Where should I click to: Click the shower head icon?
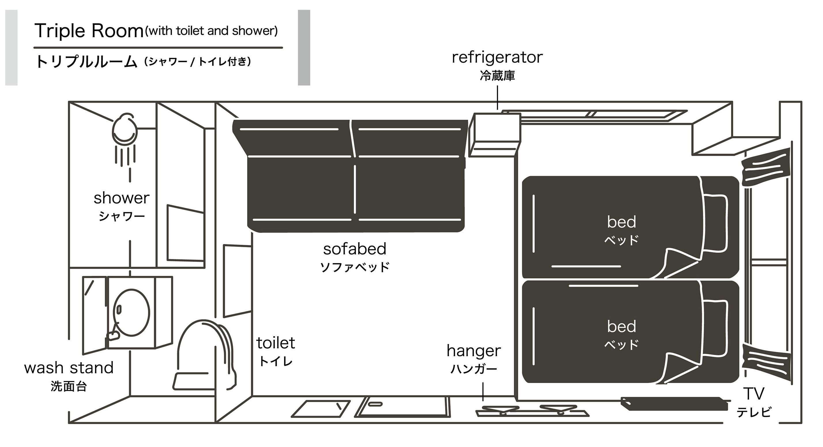[125, 129]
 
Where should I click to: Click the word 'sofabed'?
[355, 249]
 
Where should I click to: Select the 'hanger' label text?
[474, 351]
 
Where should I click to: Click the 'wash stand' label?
[69, 368]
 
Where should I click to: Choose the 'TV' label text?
[753, 394]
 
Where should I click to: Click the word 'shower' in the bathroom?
[121, 198]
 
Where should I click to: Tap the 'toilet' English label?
[275, 343]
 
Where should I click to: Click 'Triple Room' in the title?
[89, 31]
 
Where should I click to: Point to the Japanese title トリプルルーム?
[86, 62]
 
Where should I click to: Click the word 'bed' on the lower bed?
[622, 326]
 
